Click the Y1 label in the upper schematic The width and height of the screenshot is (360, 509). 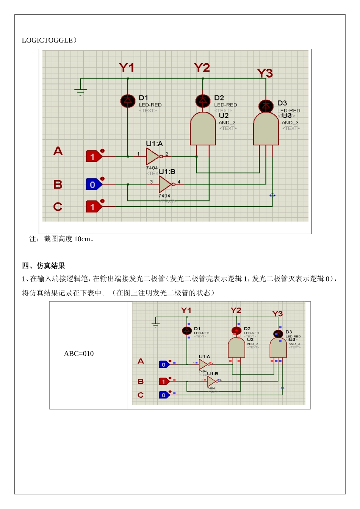[127, 68]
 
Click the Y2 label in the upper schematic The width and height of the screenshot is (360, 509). [202, 68]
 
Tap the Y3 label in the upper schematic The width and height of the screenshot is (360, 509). [265, 73]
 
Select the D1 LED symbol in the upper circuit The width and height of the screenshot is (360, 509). [128, 101]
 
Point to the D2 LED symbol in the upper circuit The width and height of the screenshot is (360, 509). [203, 101]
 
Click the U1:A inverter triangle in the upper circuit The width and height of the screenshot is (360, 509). [153, 156]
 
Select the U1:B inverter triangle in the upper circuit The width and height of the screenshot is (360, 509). [165, 184]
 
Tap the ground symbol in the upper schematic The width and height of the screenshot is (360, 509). [80, 91]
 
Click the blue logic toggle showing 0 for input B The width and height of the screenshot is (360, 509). [94, 184]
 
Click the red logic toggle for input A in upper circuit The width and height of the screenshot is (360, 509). [94, 156]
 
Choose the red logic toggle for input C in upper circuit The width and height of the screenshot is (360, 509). [94, 207]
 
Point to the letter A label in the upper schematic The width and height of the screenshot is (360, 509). [58, 151]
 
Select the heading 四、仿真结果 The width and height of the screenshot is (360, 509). [44, 266]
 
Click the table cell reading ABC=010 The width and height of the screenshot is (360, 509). [79, 354]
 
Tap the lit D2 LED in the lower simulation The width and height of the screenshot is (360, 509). [236, 331]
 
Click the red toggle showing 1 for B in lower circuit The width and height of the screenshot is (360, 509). [164, 381]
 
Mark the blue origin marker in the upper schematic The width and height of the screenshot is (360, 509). [272, 195]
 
